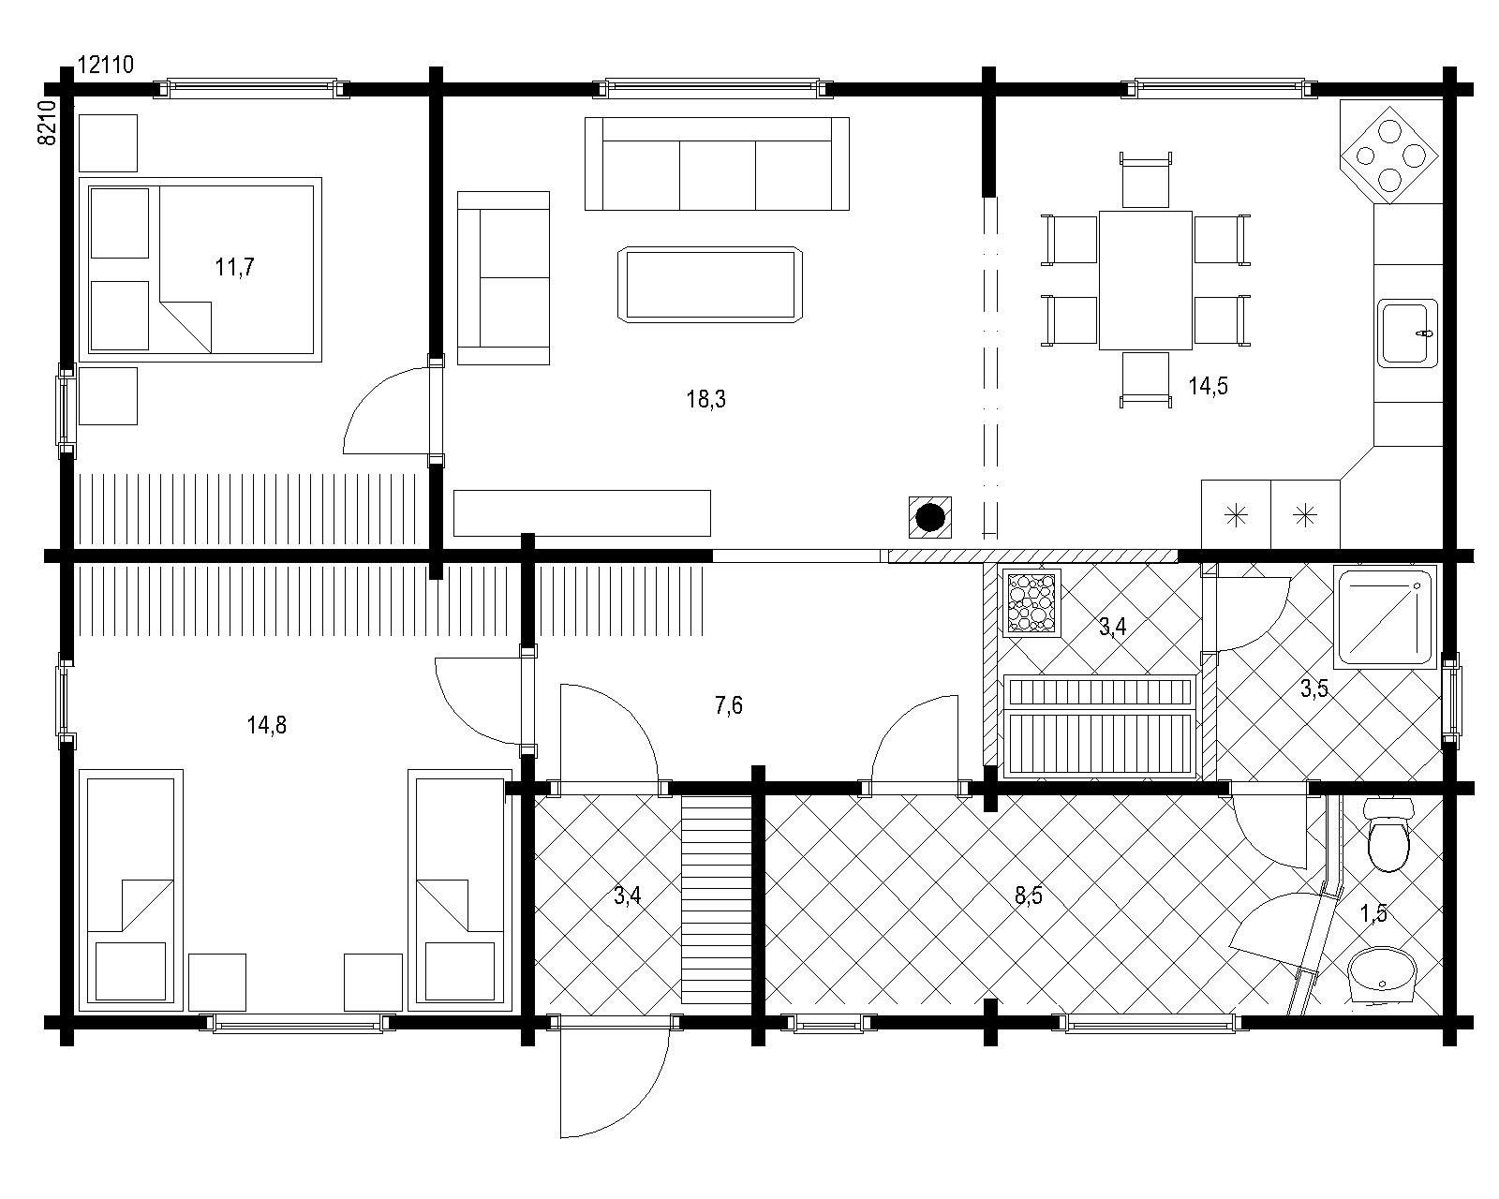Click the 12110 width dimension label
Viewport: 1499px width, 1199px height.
pos(105,64)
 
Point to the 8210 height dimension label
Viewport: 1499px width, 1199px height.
pos(47,123)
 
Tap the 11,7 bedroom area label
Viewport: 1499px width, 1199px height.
pos(235,266)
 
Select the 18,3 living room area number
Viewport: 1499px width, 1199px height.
pos(706,398)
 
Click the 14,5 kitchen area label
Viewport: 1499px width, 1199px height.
pos(1208,385)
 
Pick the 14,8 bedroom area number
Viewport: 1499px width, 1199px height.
pos(266,725)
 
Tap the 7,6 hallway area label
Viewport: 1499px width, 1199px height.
pos(729,705)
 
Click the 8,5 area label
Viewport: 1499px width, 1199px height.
pos(1028,896)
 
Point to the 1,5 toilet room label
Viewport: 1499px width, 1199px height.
pos(1373,912)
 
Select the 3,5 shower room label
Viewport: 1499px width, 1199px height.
pos(1314,688)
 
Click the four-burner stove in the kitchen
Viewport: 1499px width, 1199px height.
pos(1389,155)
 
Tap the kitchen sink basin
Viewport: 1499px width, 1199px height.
pos(1408,333)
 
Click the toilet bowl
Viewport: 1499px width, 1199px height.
pos(1388,836)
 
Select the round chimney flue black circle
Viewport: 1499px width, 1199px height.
pos(930,517)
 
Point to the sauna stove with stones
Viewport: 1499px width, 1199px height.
pos(1032,602)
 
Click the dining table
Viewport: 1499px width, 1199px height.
pos(1145,280)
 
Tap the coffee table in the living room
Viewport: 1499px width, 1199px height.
pos(710,284)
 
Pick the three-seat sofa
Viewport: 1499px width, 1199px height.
pos(717,164)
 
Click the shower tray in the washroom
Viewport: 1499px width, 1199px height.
pos(1385,616)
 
